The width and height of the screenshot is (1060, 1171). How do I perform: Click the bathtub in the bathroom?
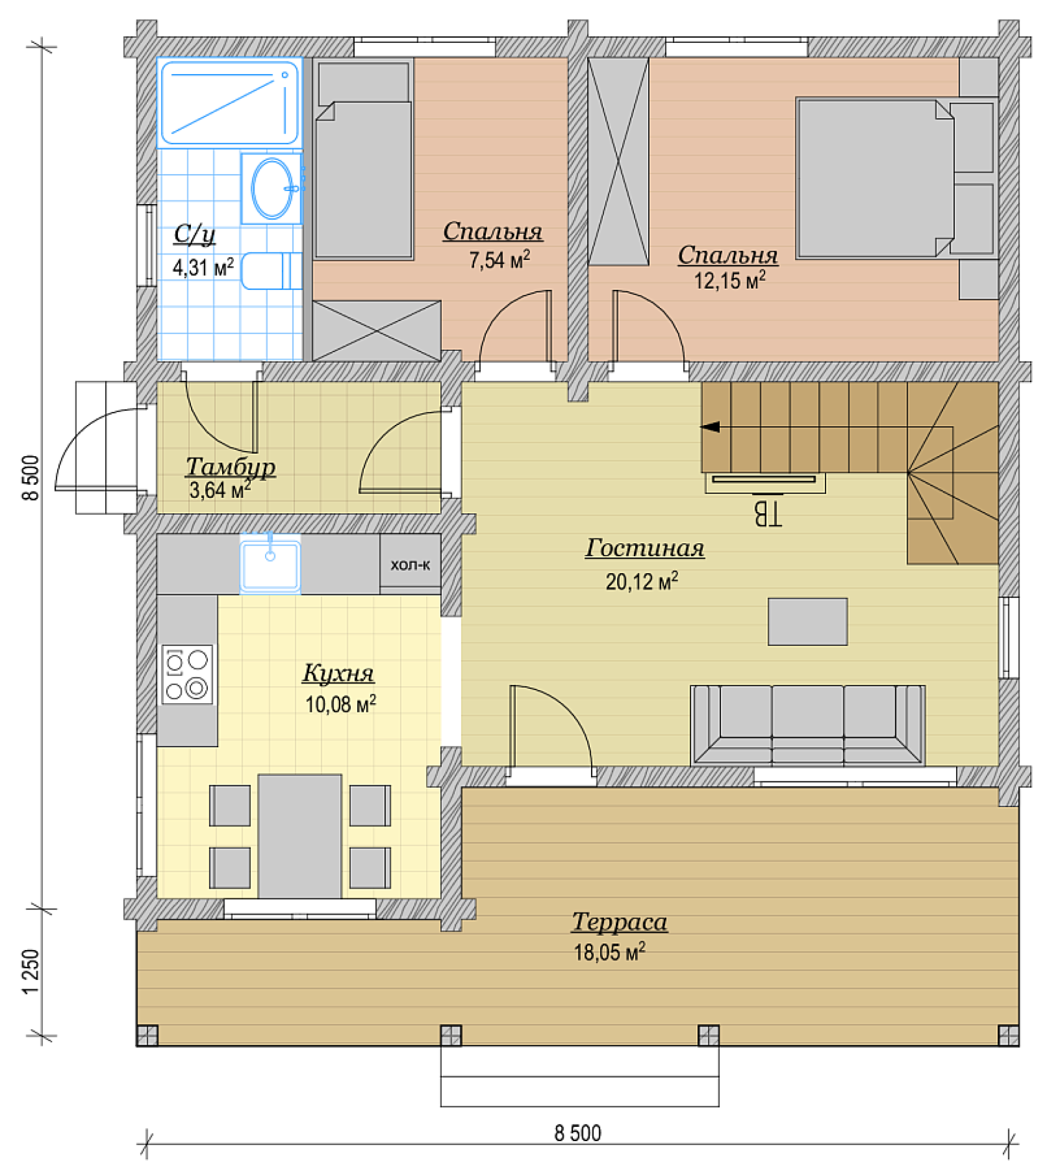pos(230,103)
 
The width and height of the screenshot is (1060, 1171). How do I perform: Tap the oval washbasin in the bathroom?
pos(272,189)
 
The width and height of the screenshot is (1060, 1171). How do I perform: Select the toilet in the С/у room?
pos(272,271)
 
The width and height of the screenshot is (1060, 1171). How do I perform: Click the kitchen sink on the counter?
pos(270,565)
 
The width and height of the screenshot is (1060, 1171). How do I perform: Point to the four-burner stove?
pos(187,674)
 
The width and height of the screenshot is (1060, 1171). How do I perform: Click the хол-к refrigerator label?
pos(411,565)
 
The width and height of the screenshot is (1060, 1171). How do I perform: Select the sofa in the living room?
pos(807,725)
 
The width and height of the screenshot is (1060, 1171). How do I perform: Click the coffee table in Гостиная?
pos(807,622)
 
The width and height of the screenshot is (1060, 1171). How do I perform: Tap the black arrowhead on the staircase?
pos(710,427)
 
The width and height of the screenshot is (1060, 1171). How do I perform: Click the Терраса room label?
pos(620,921)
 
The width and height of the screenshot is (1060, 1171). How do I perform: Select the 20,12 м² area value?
pos(642,582)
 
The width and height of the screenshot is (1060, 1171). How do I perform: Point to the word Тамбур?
pos(230,467)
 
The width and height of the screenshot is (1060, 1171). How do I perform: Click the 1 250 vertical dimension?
pos(30,972)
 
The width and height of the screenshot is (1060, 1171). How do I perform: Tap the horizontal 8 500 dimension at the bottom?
pos(578,1133)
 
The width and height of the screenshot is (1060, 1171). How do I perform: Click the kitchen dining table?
pos(300,836)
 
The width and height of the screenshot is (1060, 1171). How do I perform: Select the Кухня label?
pos(338,673)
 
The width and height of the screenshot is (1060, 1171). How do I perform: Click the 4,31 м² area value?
pos(203,268)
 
